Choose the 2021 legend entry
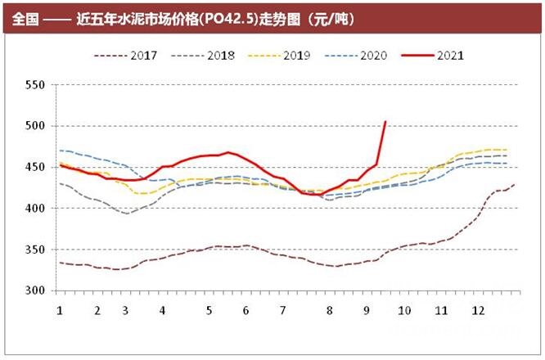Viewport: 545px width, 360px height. (x=450, y=56)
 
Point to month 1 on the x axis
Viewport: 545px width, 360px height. (x=60, y=311)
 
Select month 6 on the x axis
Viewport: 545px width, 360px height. (x=246, y=311)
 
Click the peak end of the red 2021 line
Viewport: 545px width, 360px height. (x=385, y=122)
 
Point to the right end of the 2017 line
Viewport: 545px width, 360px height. (x=513, y=185)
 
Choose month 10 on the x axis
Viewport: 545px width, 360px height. (x=403, y=311)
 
